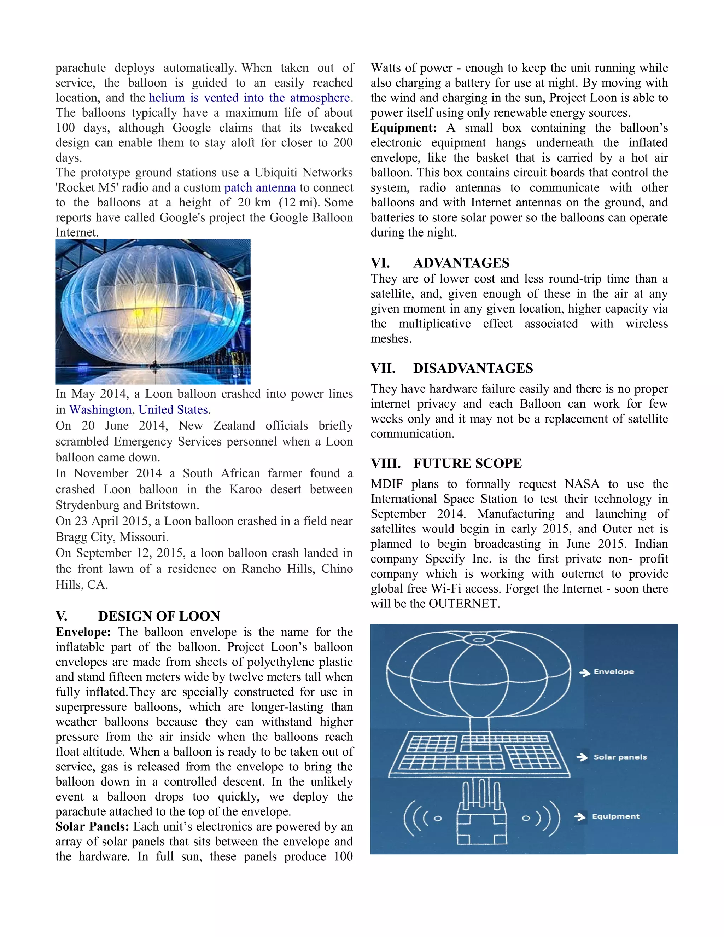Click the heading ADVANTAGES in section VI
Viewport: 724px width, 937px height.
coord(461,263)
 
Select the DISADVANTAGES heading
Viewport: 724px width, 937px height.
coord(473,368)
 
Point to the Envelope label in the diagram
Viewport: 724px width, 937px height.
coord(613,672)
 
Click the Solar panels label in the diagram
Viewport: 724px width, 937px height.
coord(620,757)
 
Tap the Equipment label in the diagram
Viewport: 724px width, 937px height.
coord(615,816)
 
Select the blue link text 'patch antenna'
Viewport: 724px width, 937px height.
coord(260,187)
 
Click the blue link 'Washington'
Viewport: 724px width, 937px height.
coord(100,410)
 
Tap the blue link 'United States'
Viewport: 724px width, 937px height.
coord(173,410)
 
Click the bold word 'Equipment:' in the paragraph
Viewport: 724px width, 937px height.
coord(404,128)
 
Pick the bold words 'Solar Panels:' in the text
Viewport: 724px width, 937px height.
coord(92,827)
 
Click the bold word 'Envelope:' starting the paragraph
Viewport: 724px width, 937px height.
coord(83,632)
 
